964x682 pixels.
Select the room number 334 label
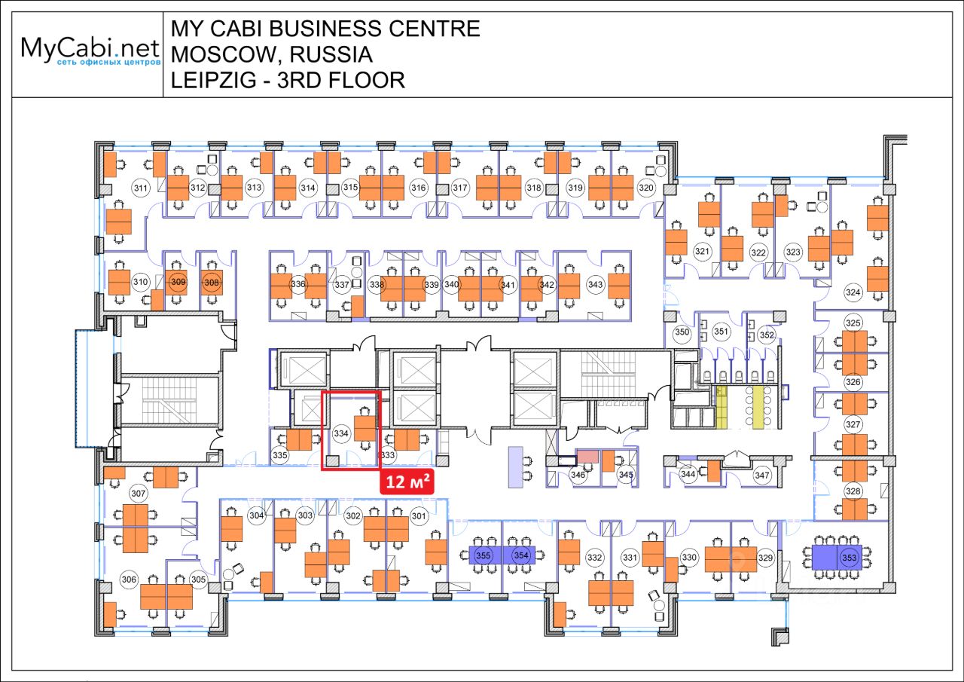tap(341, 434)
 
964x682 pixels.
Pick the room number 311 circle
tap(139, 188)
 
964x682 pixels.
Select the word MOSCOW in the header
tap(218, 54)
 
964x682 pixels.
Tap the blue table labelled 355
tap(485, 555)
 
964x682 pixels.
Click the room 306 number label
tap(129, 580)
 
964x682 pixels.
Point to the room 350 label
tap(682, 332)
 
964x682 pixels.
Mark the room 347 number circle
tap(762, 476)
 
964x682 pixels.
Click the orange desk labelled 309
tap(178, 282)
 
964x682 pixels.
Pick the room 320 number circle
tap(645, 188)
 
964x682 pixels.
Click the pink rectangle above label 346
tap(587, 456)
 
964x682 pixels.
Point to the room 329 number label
tap(765, 558)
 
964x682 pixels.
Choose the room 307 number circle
tap(138, 494)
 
